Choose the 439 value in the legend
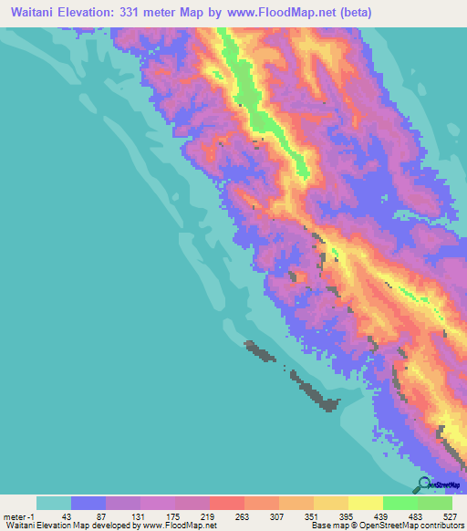coord(383,515)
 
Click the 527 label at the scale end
coord(451,515)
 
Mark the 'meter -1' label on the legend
coord(19,515)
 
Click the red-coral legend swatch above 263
coord(226,503)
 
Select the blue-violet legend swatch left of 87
coord(88,503)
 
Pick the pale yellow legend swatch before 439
coord(365,503)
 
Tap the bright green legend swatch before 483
coord(400,503)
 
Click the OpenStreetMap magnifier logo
coord(424,484)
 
